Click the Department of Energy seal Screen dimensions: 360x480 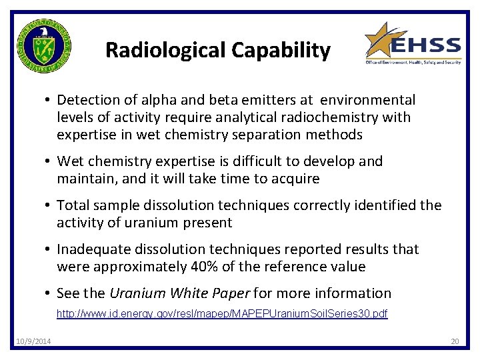tap(44, 47)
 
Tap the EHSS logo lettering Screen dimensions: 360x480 tap(425, 47)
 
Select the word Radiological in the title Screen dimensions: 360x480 tap(165, 50)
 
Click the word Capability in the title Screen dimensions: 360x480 tap(281, 50)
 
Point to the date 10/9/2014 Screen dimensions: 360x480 tap(33, 342)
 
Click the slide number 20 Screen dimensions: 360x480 tap(455, 342)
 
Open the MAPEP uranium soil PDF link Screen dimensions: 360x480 tap(221, 313)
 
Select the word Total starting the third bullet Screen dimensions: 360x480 tap(73, 205)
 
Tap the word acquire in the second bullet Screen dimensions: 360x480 tap(295, 179)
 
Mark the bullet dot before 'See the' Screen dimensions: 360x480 tap(49, 294)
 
